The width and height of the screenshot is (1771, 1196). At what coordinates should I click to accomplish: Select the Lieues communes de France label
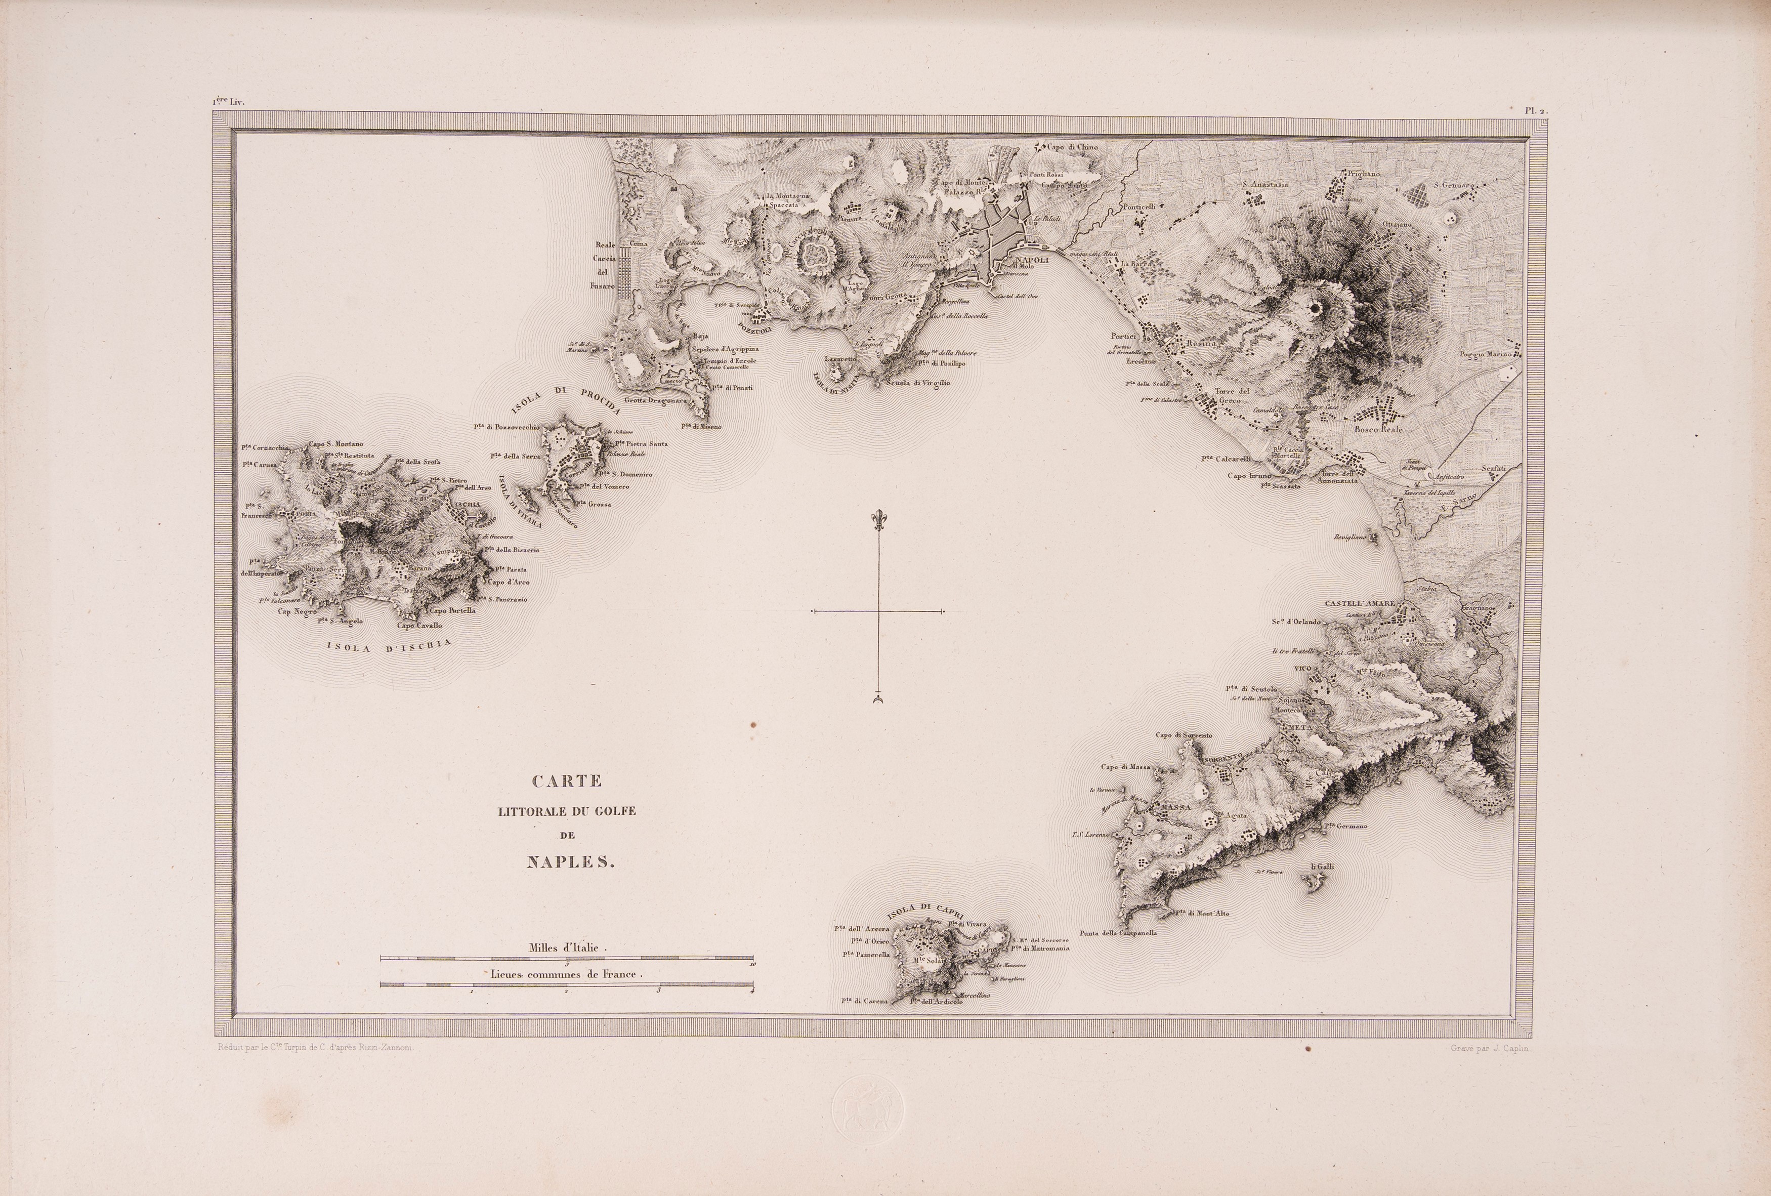pyautogui.click(x=567, y=974)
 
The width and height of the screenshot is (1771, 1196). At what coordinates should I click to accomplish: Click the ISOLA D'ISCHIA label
pyautogui.click(x=388, y=646)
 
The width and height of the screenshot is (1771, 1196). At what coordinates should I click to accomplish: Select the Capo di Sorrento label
pyautogui.click(x=1184, y=735)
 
